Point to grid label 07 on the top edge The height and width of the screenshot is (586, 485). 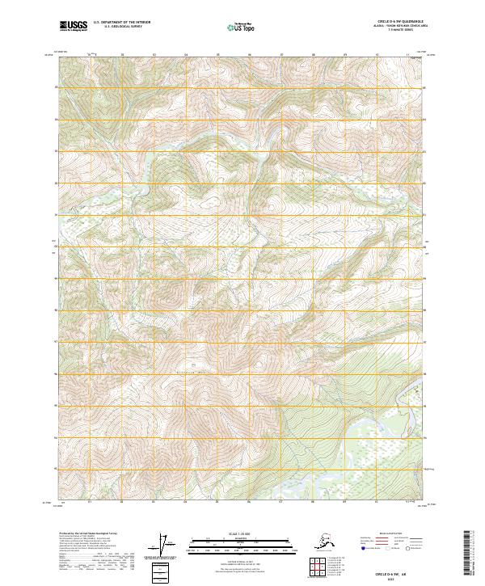(280, 55)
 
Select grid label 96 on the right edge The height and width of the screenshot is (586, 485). (428, 374)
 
